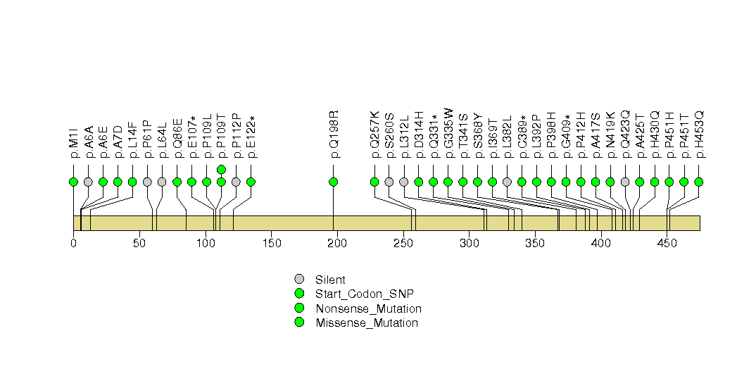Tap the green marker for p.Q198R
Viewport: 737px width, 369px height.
click(x=333, y=182)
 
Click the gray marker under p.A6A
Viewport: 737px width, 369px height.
click(x=88, y=182)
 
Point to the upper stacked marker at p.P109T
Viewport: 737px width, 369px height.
click(x=222, y=169)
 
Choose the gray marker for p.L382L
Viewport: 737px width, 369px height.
click(x=507, y=182)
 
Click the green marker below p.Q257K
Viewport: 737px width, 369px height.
click(x=374, y=182)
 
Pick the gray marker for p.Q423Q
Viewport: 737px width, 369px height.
click(x=624, y=182)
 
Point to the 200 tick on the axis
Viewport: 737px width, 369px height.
click(x=337, y=232)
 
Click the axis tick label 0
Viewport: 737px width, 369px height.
click(x=73, y=243)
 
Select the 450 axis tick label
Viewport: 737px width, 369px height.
click(x=667, y=243)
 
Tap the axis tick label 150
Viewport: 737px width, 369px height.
click(x=271, y=243)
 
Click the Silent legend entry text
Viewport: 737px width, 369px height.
click(x=330, y=280)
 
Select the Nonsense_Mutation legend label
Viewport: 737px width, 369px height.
click(x=369, y=309)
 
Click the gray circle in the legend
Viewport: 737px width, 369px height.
click(x=299, y=280)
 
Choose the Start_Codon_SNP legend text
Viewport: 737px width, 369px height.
click(x=365, y=294)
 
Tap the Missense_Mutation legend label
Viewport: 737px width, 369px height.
click(x=367, y=323)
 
